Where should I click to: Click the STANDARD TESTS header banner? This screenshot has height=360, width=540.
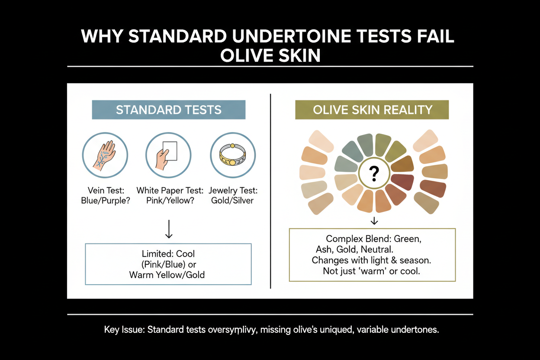(x=168, y=110)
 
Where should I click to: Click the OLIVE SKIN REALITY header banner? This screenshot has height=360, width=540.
(x=372, y=110)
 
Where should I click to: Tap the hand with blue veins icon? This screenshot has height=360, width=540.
(x=105, y=155)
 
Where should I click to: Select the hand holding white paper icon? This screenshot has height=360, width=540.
(x=168, y=155)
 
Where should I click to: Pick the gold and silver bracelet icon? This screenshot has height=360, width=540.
(x=233, y=155)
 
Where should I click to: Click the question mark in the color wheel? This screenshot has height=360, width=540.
(x=375, y=174)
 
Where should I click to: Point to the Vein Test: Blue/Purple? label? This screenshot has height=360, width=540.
(x=106, y=196)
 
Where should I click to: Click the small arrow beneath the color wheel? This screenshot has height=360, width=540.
(x=375, y=221)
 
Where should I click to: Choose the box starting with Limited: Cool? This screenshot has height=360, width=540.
(x=168, y=264)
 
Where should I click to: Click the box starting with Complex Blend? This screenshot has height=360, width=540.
(x=372, y=255)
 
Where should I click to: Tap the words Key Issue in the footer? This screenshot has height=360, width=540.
(x=124, y=330)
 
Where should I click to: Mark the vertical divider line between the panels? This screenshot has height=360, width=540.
(x=270, y=190)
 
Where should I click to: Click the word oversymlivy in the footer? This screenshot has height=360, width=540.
(x=224, y=330)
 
